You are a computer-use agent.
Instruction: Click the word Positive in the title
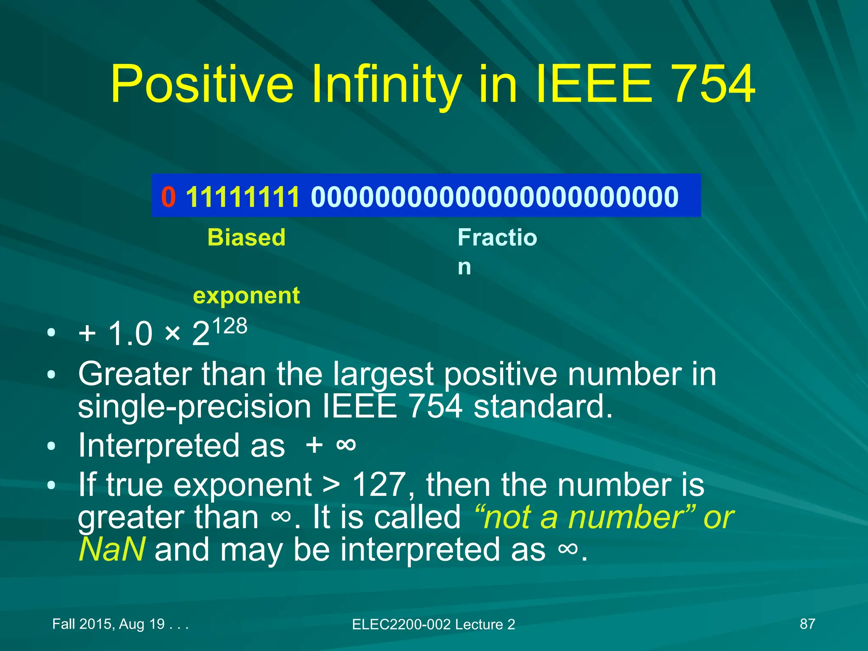pyautogui.click(x=202, y=83)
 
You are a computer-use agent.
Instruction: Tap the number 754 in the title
pyautogui.click(x=713, y=83)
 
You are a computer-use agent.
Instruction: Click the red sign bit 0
pyautogui.click(x=168, y=197)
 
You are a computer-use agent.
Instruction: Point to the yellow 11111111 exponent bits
pyautogui.click(x=243, y=197)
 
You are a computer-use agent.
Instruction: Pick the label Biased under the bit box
pyautogui.click(x=246, y=237)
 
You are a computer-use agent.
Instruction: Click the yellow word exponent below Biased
pyautogui.click(x=246, y=295)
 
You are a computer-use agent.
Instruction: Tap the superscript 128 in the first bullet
pyautogui.click(x=229, y=326)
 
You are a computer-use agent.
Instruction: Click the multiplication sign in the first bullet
pyautogui.click(x=172, y=333)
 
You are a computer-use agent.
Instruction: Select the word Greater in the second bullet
pyautogui.click(x=135, y=374)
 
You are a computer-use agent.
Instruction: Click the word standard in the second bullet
pyautogui.click(x=543, y=406)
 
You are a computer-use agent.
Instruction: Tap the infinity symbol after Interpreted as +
pyautogui.click(x=346, y=445)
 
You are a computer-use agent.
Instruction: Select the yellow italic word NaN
pyautogui.click(x=112, y=549)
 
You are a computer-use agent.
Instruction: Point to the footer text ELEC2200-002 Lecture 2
pyautogui.click(x=434, y=624)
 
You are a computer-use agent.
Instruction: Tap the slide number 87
pyautogui.click(x=807, y=624)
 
